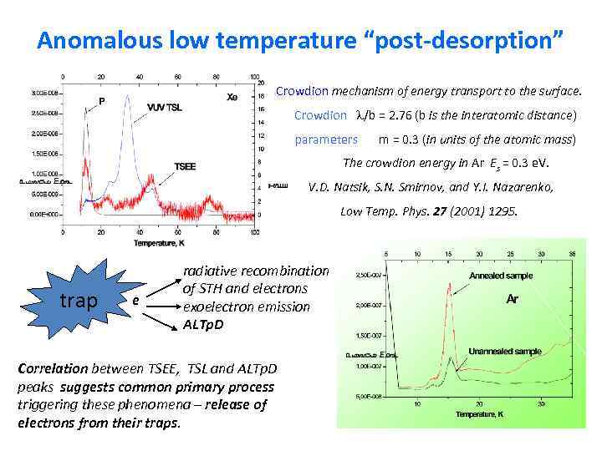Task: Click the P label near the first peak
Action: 102,101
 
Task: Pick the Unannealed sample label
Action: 505,351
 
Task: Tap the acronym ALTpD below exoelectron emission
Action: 203,323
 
